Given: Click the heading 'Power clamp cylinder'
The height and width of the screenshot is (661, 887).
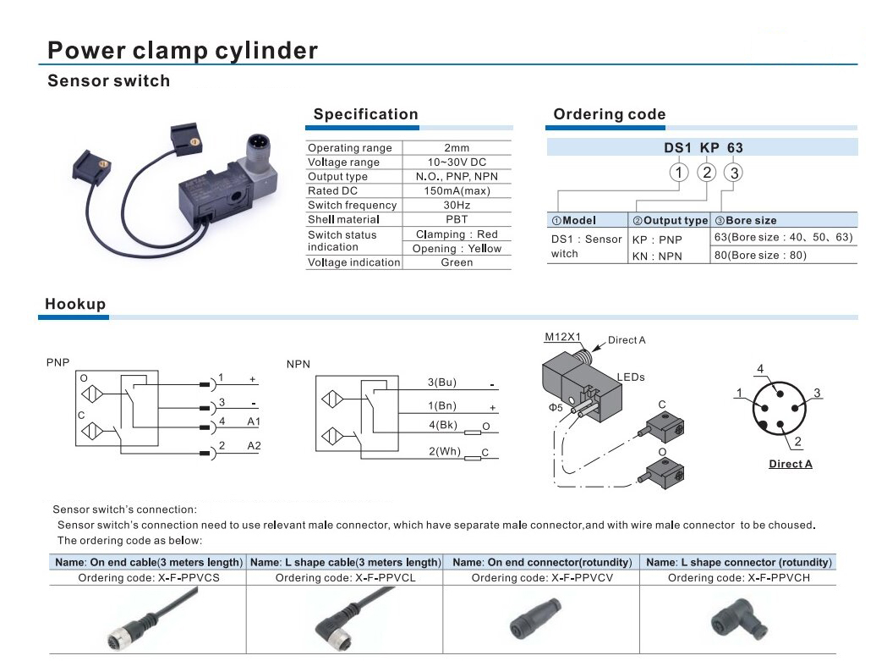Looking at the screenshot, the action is [x=182, y=51].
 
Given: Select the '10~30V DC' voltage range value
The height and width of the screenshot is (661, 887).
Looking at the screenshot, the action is [x=457, y=162].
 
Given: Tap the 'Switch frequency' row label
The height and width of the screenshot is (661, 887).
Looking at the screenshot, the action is [x=352, y=205].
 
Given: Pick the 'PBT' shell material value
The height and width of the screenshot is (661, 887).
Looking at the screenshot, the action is [x=457, y=219].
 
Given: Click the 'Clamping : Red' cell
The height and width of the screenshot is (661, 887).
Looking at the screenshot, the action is [x=457, y=234].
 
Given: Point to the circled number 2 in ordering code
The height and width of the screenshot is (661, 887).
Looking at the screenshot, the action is [x=707, y=172].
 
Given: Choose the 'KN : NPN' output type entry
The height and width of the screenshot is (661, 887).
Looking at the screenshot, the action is [x=657, y=256].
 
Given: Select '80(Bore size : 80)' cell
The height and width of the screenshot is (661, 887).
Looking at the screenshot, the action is [x=760, y=255].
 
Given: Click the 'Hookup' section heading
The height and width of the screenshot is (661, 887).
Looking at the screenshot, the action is [x=75, y=304].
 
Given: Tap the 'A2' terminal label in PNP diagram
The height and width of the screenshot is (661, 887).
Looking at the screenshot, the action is [x=254, y=446].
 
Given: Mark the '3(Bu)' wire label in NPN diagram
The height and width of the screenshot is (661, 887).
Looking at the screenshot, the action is [x=441, y=383].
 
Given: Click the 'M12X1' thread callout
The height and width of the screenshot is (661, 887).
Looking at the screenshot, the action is [x=562, y=337].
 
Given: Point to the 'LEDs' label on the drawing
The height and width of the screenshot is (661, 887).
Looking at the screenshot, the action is [x=631, y=377].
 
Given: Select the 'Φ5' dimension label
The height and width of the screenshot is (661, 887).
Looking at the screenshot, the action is [x=556, y=407].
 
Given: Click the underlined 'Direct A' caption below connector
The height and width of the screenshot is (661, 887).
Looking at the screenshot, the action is [x=791, y=464].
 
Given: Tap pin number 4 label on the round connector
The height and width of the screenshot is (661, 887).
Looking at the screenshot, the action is [x=760, y=369].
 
